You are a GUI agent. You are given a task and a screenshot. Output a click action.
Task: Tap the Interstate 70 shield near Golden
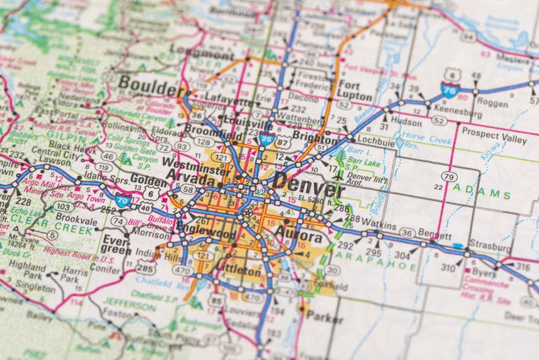coord(122,200)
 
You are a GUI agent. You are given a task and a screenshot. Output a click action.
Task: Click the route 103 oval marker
coord(64,206)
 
